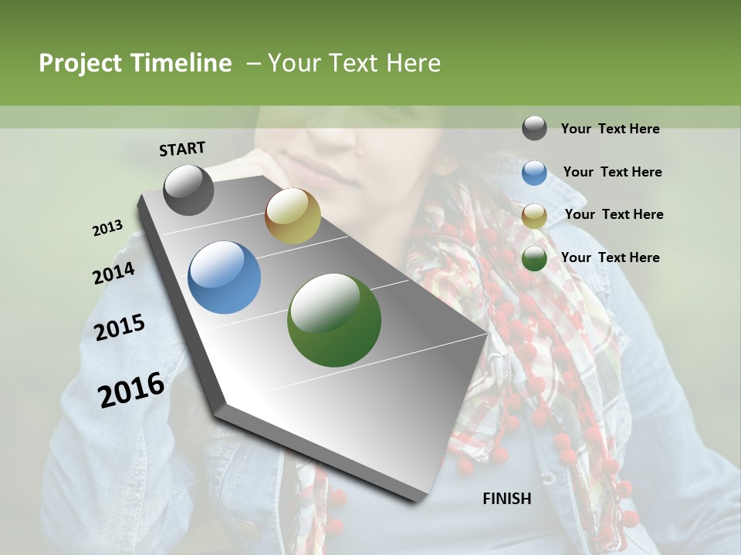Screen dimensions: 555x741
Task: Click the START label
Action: (182, 148)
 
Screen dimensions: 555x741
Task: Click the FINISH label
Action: (506, 499)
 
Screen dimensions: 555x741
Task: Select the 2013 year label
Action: (107, 228)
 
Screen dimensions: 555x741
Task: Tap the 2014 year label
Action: (113, 273)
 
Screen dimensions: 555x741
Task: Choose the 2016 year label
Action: (131, 389)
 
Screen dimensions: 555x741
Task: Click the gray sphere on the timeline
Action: (188, 190)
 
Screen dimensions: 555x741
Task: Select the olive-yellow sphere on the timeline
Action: (293, 216)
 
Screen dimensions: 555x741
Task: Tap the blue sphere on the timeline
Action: (225, 277)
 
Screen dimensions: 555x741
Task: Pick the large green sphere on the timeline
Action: (334, 320)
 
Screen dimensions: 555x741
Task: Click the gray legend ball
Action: (534, 128)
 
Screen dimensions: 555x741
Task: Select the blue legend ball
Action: (534, 173)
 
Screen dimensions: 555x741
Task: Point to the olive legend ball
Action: (534, 216)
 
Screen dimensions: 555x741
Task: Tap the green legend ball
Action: (534, 258)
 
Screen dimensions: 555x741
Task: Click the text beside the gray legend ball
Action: (610, 129)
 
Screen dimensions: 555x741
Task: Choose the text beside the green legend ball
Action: (610, 257)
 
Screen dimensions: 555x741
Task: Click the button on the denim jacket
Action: (249, 530)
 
